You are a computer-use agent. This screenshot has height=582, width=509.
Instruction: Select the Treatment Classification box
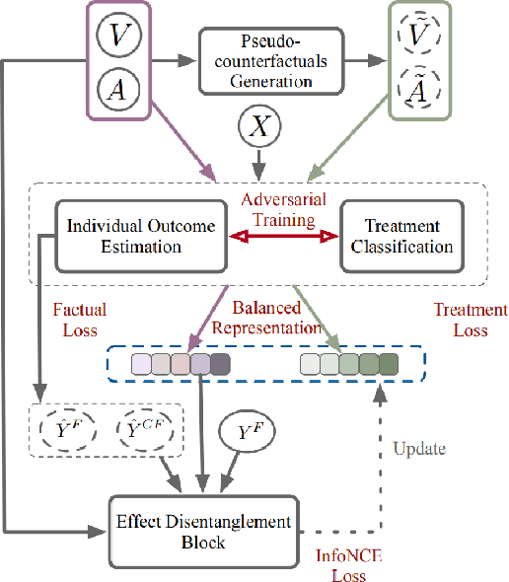400,235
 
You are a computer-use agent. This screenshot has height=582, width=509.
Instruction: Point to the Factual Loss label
79,319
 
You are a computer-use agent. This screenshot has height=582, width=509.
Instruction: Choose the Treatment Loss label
471,320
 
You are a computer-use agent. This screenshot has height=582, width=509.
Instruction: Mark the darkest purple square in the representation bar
220,366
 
